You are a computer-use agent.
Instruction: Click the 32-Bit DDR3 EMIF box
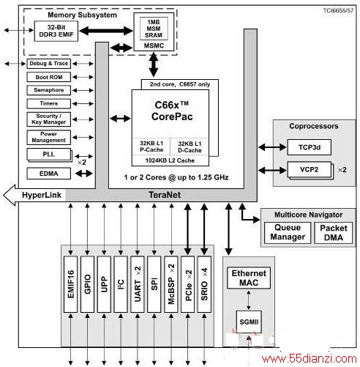[56, 31]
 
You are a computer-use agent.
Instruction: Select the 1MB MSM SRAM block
[154, 29]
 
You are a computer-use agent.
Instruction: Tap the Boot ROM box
[49, 77]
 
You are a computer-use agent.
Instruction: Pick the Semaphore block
[49, 90]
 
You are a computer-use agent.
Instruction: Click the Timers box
[49, 104]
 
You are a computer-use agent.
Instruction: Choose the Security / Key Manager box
[49, 119]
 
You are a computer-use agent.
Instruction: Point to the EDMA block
[49, 174]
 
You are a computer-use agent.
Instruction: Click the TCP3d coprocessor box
[310, 147]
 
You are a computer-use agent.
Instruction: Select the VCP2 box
[310, 169]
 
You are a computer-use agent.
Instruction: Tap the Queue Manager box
[288, 233]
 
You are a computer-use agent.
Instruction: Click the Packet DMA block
[334, 233]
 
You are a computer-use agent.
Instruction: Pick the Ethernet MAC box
[249, 278]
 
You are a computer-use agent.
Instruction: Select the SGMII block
[249, 322]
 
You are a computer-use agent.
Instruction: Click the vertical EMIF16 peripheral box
[70, 284]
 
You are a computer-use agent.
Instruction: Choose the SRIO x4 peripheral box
[204, 284]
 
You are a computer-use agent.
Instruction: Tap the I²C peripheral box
[121, 284]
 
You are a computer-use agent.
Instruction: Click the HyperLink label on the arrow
[42, 195]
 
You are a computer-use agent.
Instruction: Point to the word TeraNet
[165, 195]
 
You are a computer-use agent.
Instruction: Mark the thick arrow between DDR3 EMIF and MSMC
[106, 31]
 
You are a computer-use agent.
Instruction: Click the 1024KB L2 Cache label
[170, 160]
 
